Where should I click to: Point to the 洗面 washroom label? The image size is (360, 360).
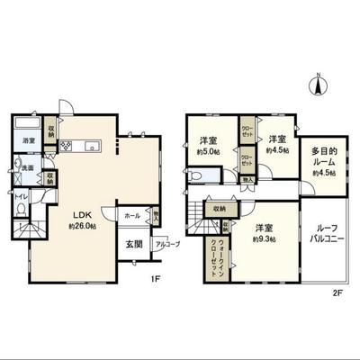[x=28, y=168]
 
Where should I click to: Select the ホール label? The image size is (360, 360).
[x=131, y=216]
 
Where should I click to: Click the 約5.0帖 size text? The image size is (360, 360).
[x=209, y=151]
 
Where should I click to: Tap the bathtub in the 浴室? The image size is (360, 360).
[x=27, y=127]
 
